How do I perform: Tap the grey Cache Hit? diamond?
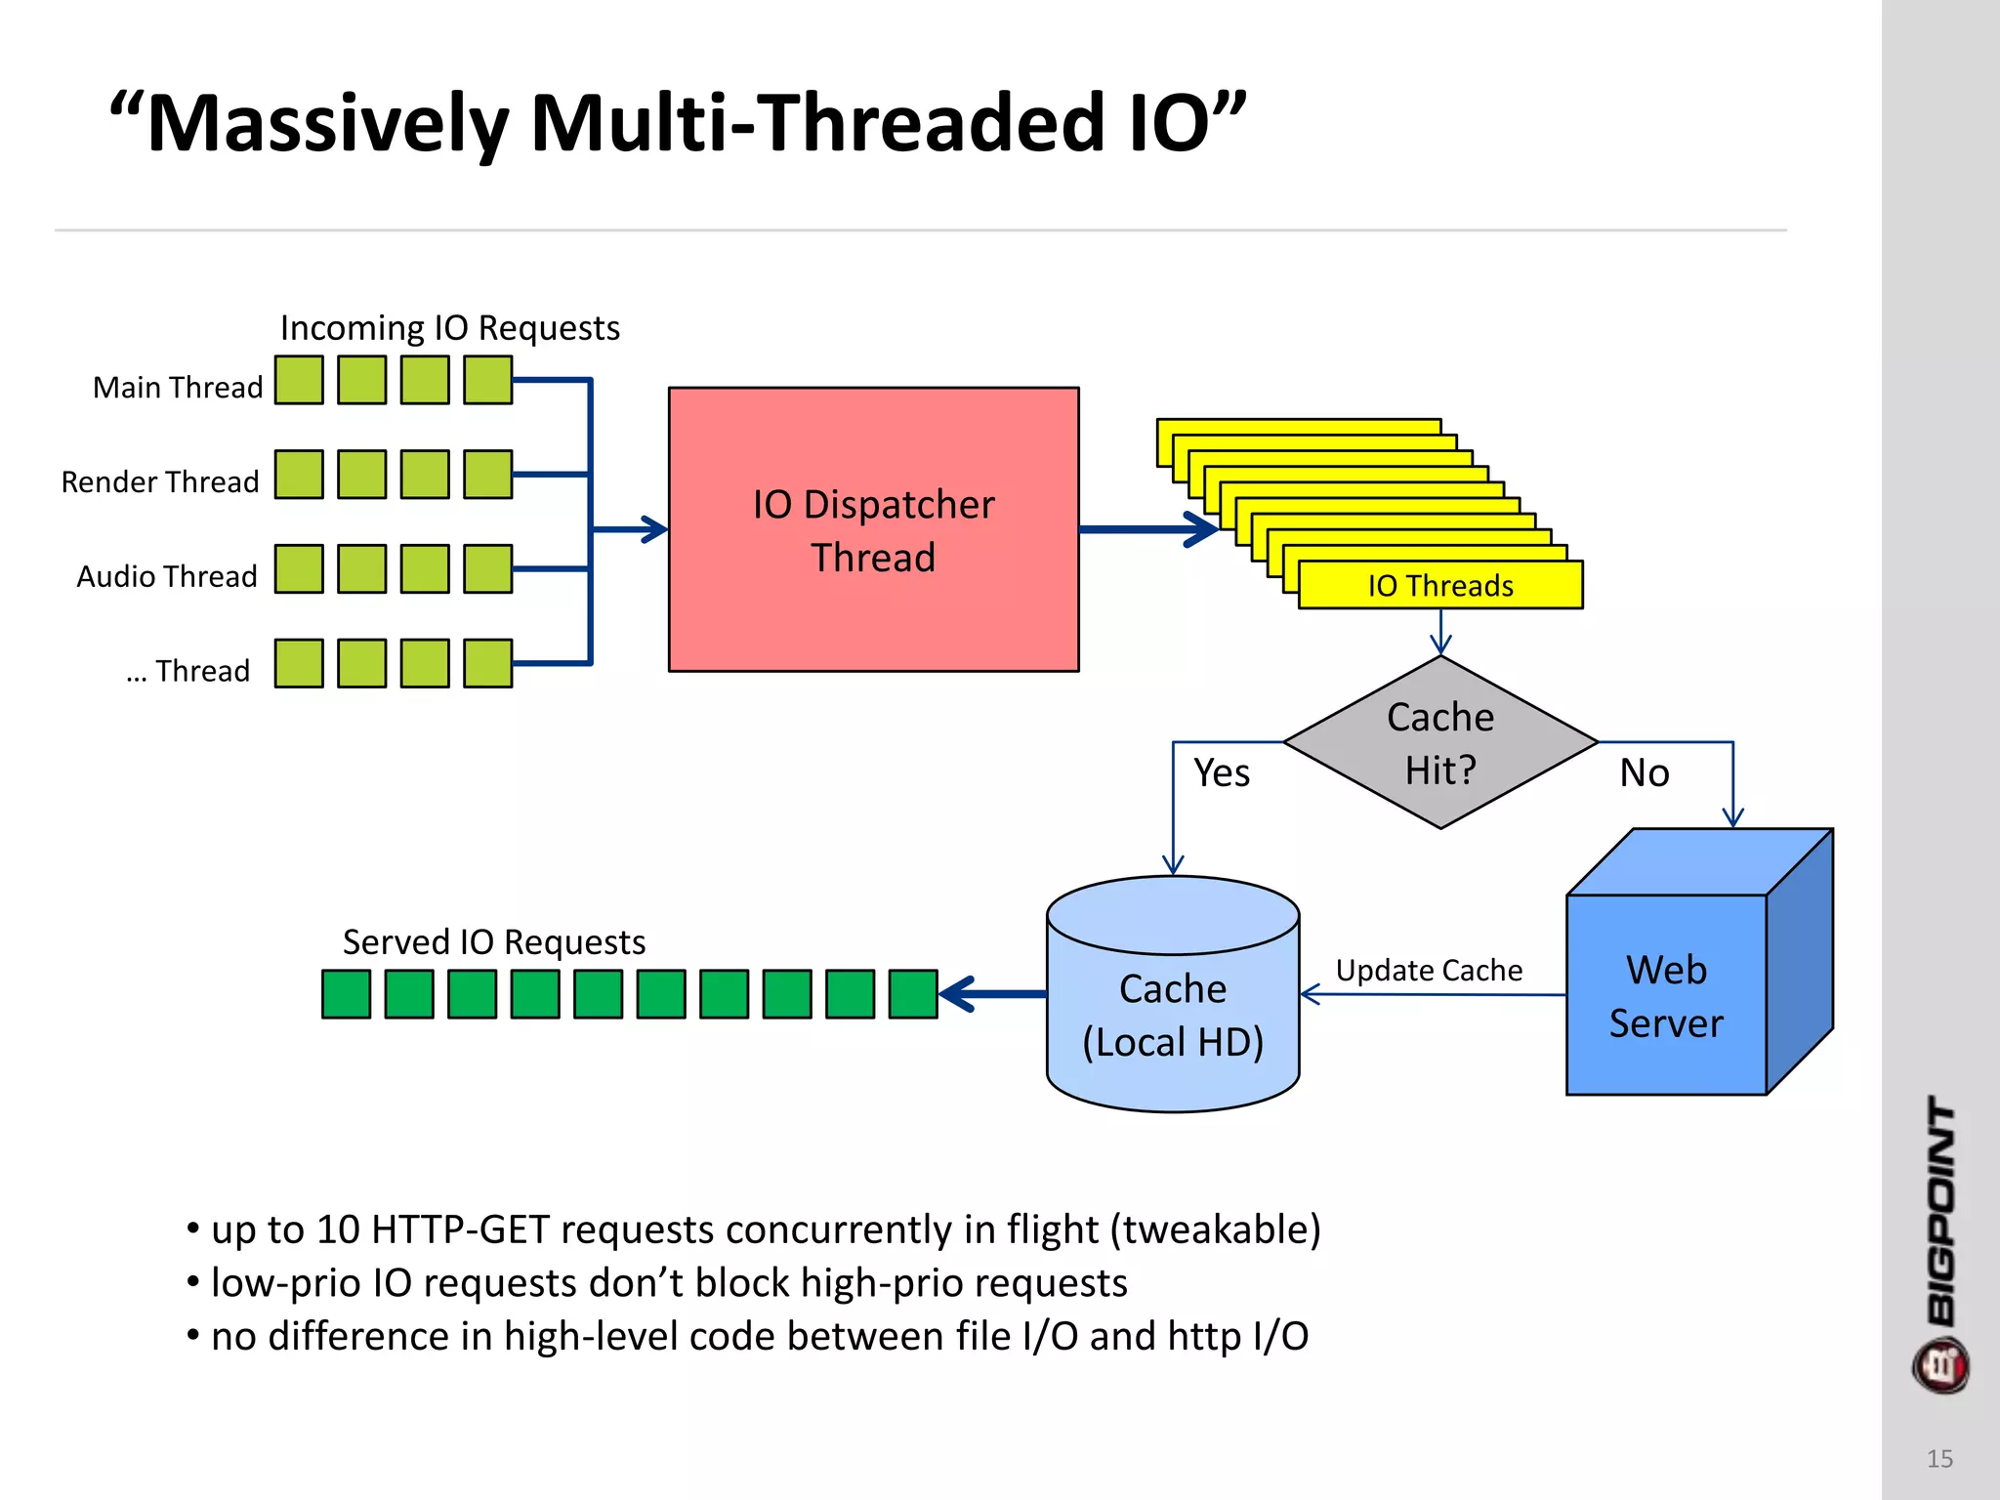point(1440,742)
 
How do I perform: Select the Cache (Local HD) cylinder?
point(1172,1016)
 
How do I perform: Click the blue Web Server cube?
point(1666,996)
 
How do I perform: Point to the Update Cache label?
point(1429,971)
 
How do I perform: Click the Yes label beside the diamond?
point(1222,773)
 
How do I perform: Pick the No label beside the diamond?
point(1645,773)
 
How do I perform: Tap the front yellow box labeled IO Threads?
point(1440,586)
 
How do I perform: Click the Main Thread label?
point(178,388)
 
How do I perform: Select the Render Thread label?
point(160,482)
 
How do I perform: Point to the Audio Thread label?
point(167,577)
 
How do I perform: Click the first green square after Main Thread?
point(299,380)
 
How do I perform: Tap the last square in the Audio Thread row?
point(488,569)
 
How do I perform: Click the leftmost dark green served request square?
point(347,994)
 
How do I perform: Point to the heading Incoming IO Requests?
point(450,328)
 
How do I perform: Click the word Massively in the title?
point(328,124)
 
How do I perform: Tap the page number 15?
point(1939,1459)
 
